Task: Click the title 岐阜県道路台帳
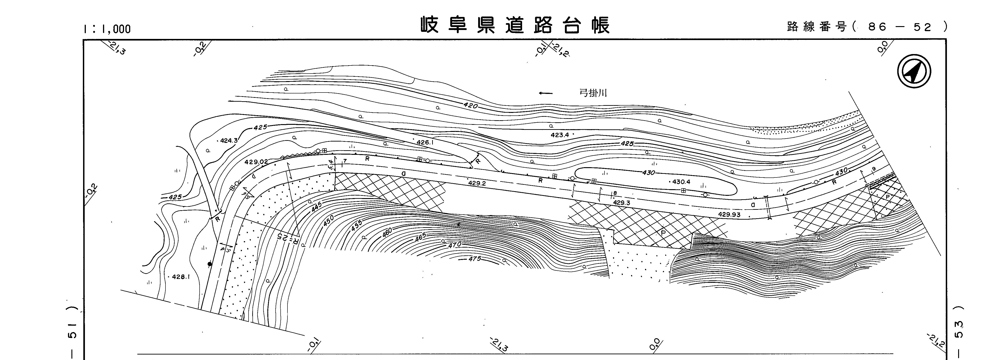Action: click(515, 25)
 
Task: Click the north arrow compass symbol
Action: click(914, 71)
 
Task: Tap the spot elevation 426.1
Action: click(425, 142)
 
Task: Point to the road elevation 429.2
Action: click(477, 183)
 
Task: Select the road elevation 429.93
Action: click(729, 214)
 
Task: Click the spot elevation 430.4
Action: click(681, 182)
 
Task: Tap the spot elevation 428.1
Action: click(181, 277)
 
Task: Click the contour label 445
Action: click(317, 207)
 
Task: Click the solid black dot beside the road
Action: click(209, 264)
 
